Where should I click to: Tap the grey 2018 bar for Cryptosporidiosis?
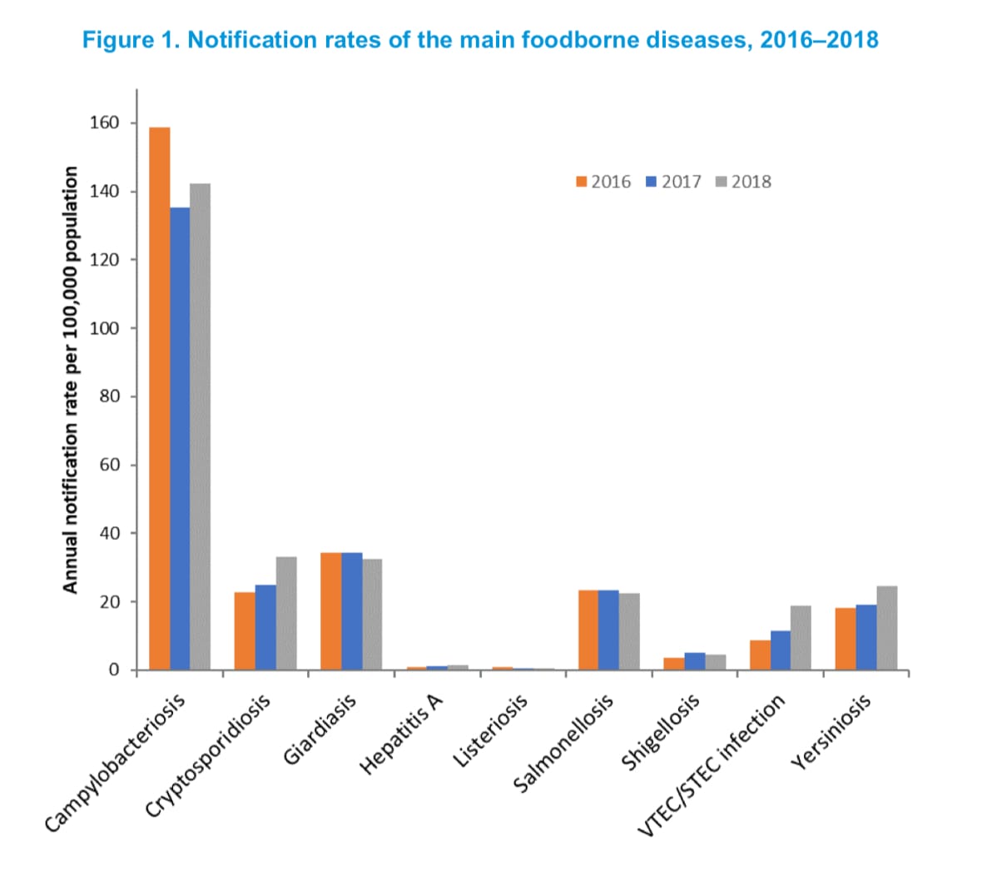(x=286, y=613)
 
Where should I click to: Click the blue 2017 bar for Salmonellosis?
(x=608, y=630)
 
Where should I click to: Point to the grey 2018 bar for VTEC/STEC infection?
(x=801, y=637)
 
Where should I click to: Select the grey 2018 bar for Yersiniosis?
(x=887, y=628)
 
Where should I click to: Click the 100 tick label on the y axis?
(x=105, y=328)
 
